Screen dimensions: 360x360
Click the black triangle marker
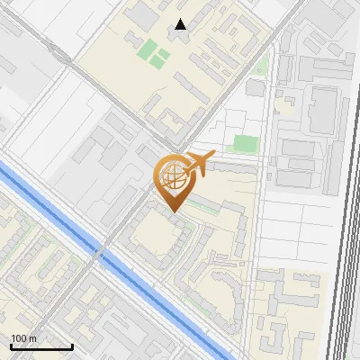[181, 24]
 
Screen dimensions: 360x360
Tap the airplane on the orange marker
[199, 163]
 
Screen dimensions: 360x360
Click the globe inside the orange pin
[172, 177]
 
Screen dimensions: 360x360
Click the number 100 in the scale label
[18, 338]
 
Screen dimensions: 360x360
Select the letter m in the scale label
[31, 338]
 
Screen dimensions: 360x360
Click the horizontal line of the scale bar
[41, 346]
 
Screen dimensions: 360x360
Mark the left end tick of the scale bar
[11, 345]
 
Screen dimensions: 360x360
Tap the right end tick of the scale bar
[72, 345]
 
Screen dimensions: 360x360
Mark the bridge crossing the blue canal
[101, 251]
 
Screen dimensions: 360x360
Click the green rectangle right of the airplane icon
[245, 143]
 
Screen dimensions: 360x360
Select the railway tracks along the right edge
[342, 270]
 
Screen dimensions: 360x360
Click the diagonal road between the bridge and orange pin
[135, 216]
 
